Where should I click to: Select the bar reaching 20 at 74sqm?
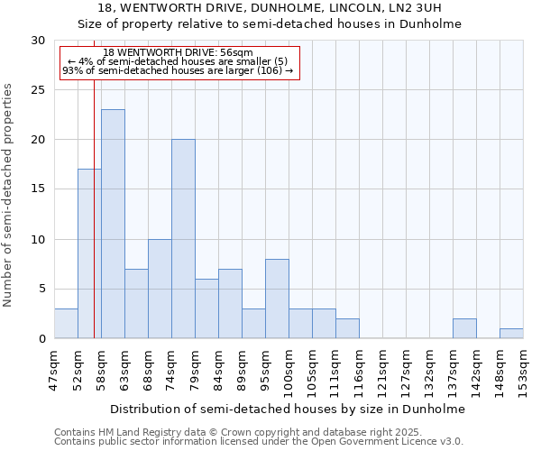183,239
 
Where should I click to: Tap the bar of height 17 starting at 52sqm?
89,253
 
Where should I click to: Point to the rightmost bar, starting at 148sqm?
511,333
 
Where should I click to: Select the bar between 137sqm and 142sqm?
464,328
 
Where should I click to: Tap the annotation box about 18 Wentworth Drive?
179,61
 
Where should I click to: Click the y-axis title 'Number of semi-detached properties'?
9,195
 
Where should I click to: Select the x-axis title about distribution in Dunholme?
288,409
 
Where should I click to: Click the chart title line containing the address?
288,8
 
